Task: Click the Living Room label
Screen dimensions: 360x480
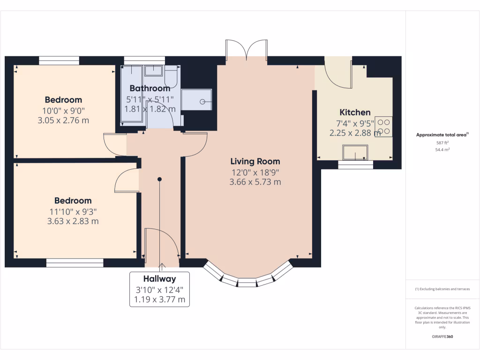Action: click(255, 162)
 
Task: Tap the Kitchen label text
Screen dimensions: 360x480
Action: click(355, 112)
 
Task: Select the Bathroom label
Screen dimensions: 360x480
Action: click(150, 88)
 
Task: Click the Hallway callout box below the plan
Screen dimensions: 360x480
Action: click(159, 289)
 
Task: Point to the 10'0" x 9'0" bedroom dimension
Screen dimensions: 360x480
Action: click(63, 111)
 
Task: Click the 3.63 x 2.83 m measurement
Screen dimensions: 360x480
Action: click(73, 221)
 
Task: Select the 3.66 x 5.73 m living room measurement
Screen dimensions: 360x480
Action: click(255, 182)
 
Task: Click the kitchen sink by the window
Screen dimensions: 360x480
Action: click(355, 152)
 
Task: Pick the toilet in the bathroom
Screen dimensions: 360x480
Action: click(171, 77)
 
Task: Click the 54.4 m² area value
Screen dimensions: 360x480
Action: click(442, 150)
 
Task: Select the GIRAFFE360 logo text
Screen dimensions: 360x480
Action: click(442, 337)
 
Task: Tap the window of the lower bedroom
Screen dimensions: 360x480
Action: click(75, 263)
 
